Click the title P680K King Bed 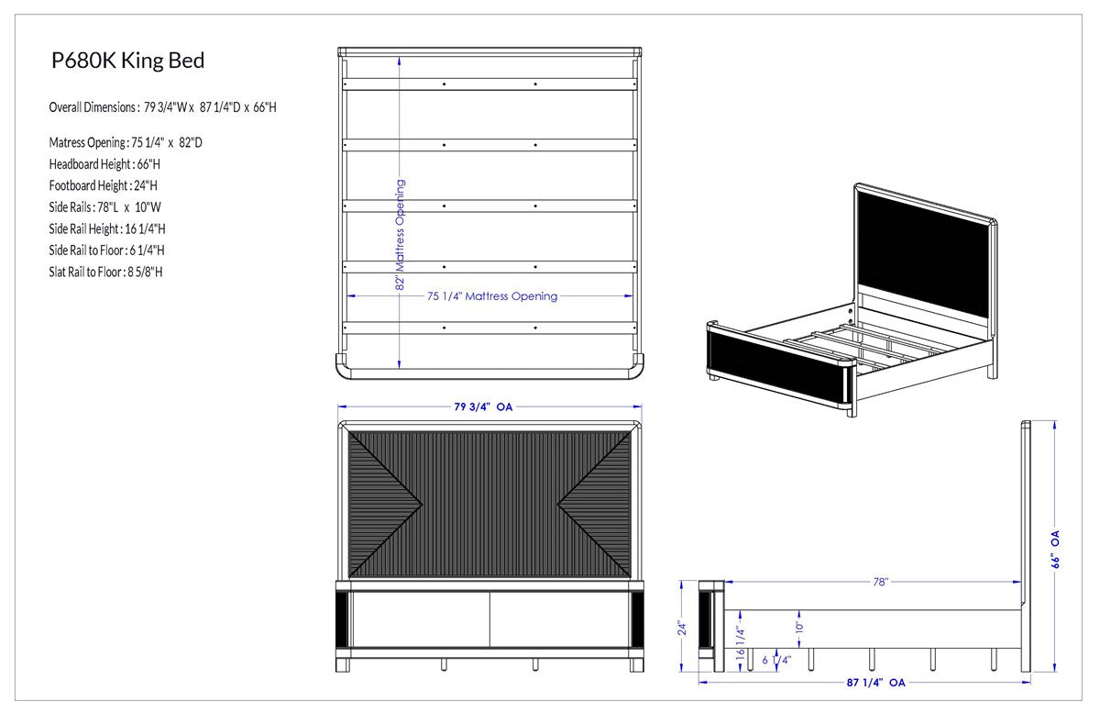point(127,61)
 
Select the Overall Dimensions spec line point(162,107)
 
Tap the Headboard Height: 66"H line point(104,164)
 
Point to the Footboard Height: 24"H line point(103,185)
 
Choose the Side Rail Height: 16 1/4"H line point(107,229)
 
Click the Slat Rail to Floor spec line point(105,273)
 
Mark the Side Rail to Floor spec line point(106,250)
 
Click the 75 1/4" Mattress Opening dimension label point(492,296)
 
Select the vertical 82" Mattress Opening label point(401,234)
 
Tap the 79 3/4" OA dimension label point(483,406)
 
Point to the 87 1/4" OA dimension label point(875,683)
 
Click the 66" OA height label point(1055,550)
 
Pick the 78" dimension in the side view point(881,582)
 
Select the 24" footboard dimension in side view point(682,628)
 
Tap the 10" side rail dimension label point(799,627)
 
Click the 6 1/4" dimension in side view point(776,660)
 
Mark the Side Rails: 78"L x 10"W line point(104,207)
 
